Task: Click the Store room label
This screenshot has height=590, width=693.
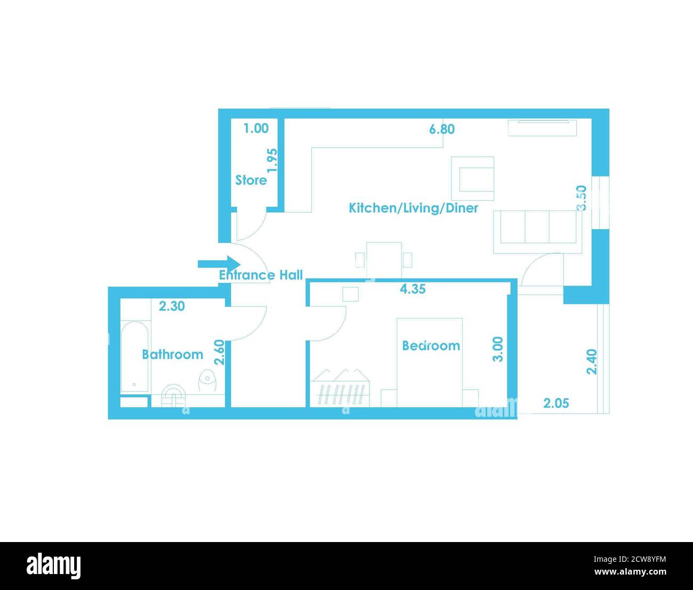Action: coord(251,180)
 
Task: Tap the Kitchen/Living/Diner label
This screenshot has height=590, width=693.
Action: coord(413,208)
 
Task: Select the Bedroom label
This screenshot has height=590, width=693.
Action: coord(431,345)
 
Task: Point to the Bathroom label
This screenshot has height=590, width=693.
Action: coord(173,354)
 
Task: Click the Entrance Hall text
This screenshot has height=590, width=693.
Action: coord(261,275)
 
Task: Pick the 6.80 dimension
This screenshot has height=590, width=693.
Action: coord(442,129)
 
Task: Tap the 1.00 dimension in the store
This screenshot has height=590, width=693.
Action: coord(256,128)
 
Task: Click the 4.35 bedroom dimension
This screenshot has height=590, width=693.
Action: coord(413,289)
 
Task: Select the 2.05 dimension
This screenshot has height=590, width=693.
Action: coord(556,403)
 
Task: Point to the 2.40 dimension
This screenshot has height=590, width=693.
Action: coord(592,362)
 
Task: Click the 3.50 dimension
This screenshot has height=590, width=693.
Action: coord(582,198)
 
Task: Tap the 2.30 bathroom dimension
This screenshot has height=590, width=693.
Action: coord(172,306)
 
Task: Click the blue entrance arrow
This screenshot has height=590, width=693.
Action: coord(219,264)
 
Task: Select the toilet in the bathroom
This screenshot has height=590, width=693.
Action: coord(207,381)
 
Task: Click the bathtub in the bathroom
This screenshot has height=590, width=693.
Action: coord(134,357)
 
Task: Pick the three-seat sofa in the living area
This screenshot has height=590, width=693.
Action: coord(538,232)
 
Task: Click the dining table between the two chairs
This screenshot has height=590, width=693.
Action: coord(384,260)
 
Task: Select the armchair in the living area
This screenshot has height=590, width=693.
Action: coord(472,179)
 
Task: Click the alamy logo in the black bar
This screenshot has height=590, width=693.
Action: coord(54,566)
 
